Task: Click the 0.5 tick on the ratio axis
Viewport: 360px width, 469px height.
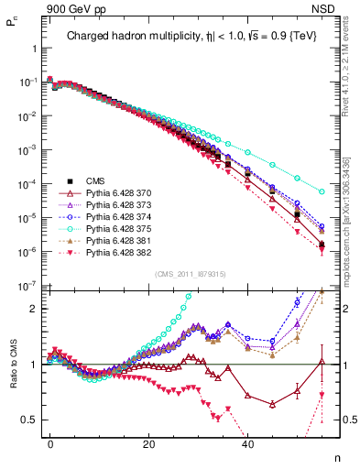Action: coord(30,420)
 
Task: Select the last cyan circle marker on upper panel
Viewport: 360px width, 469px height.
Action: coord(322,191)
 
